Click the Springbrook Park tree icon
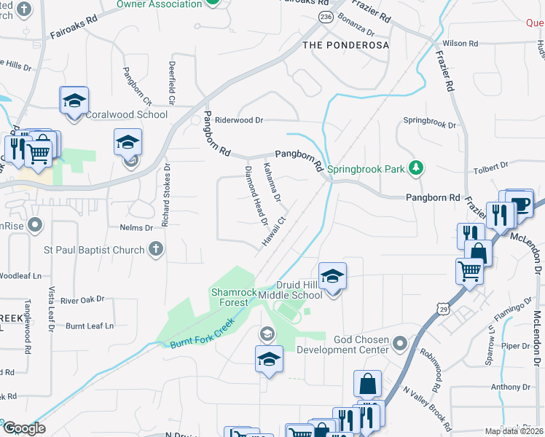click(416, 169)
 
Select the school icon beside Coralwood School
click(74, 101)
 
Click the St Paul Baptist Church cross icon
click(154, 250)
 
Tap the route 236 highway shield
click(326, 15)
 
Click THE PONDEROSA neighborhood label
click(345, 45)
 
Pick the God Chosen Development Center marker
click(399, 342)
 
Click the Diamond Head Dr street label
click(256, 195)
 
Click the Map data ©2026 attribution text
click(514, 431)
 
